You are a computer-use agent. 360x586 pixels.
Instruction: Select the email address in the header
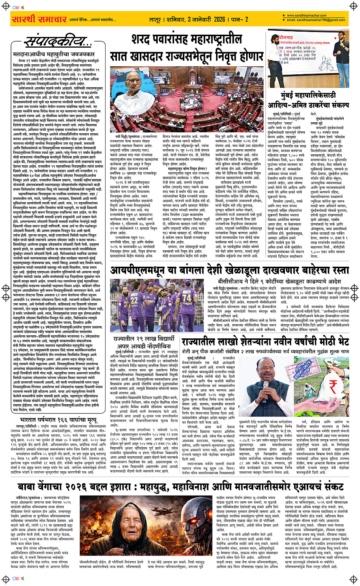pos(313,20)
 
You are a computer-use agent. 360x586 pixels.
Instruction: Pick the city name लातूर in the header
pos(155,19)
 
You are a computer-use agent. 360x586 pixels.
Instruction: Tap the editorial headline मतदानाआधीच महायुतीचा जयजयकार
pos(54,54)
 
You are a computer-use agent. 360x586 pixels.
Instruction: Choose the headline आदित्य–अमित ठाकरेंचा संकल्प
pos(308,104)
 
